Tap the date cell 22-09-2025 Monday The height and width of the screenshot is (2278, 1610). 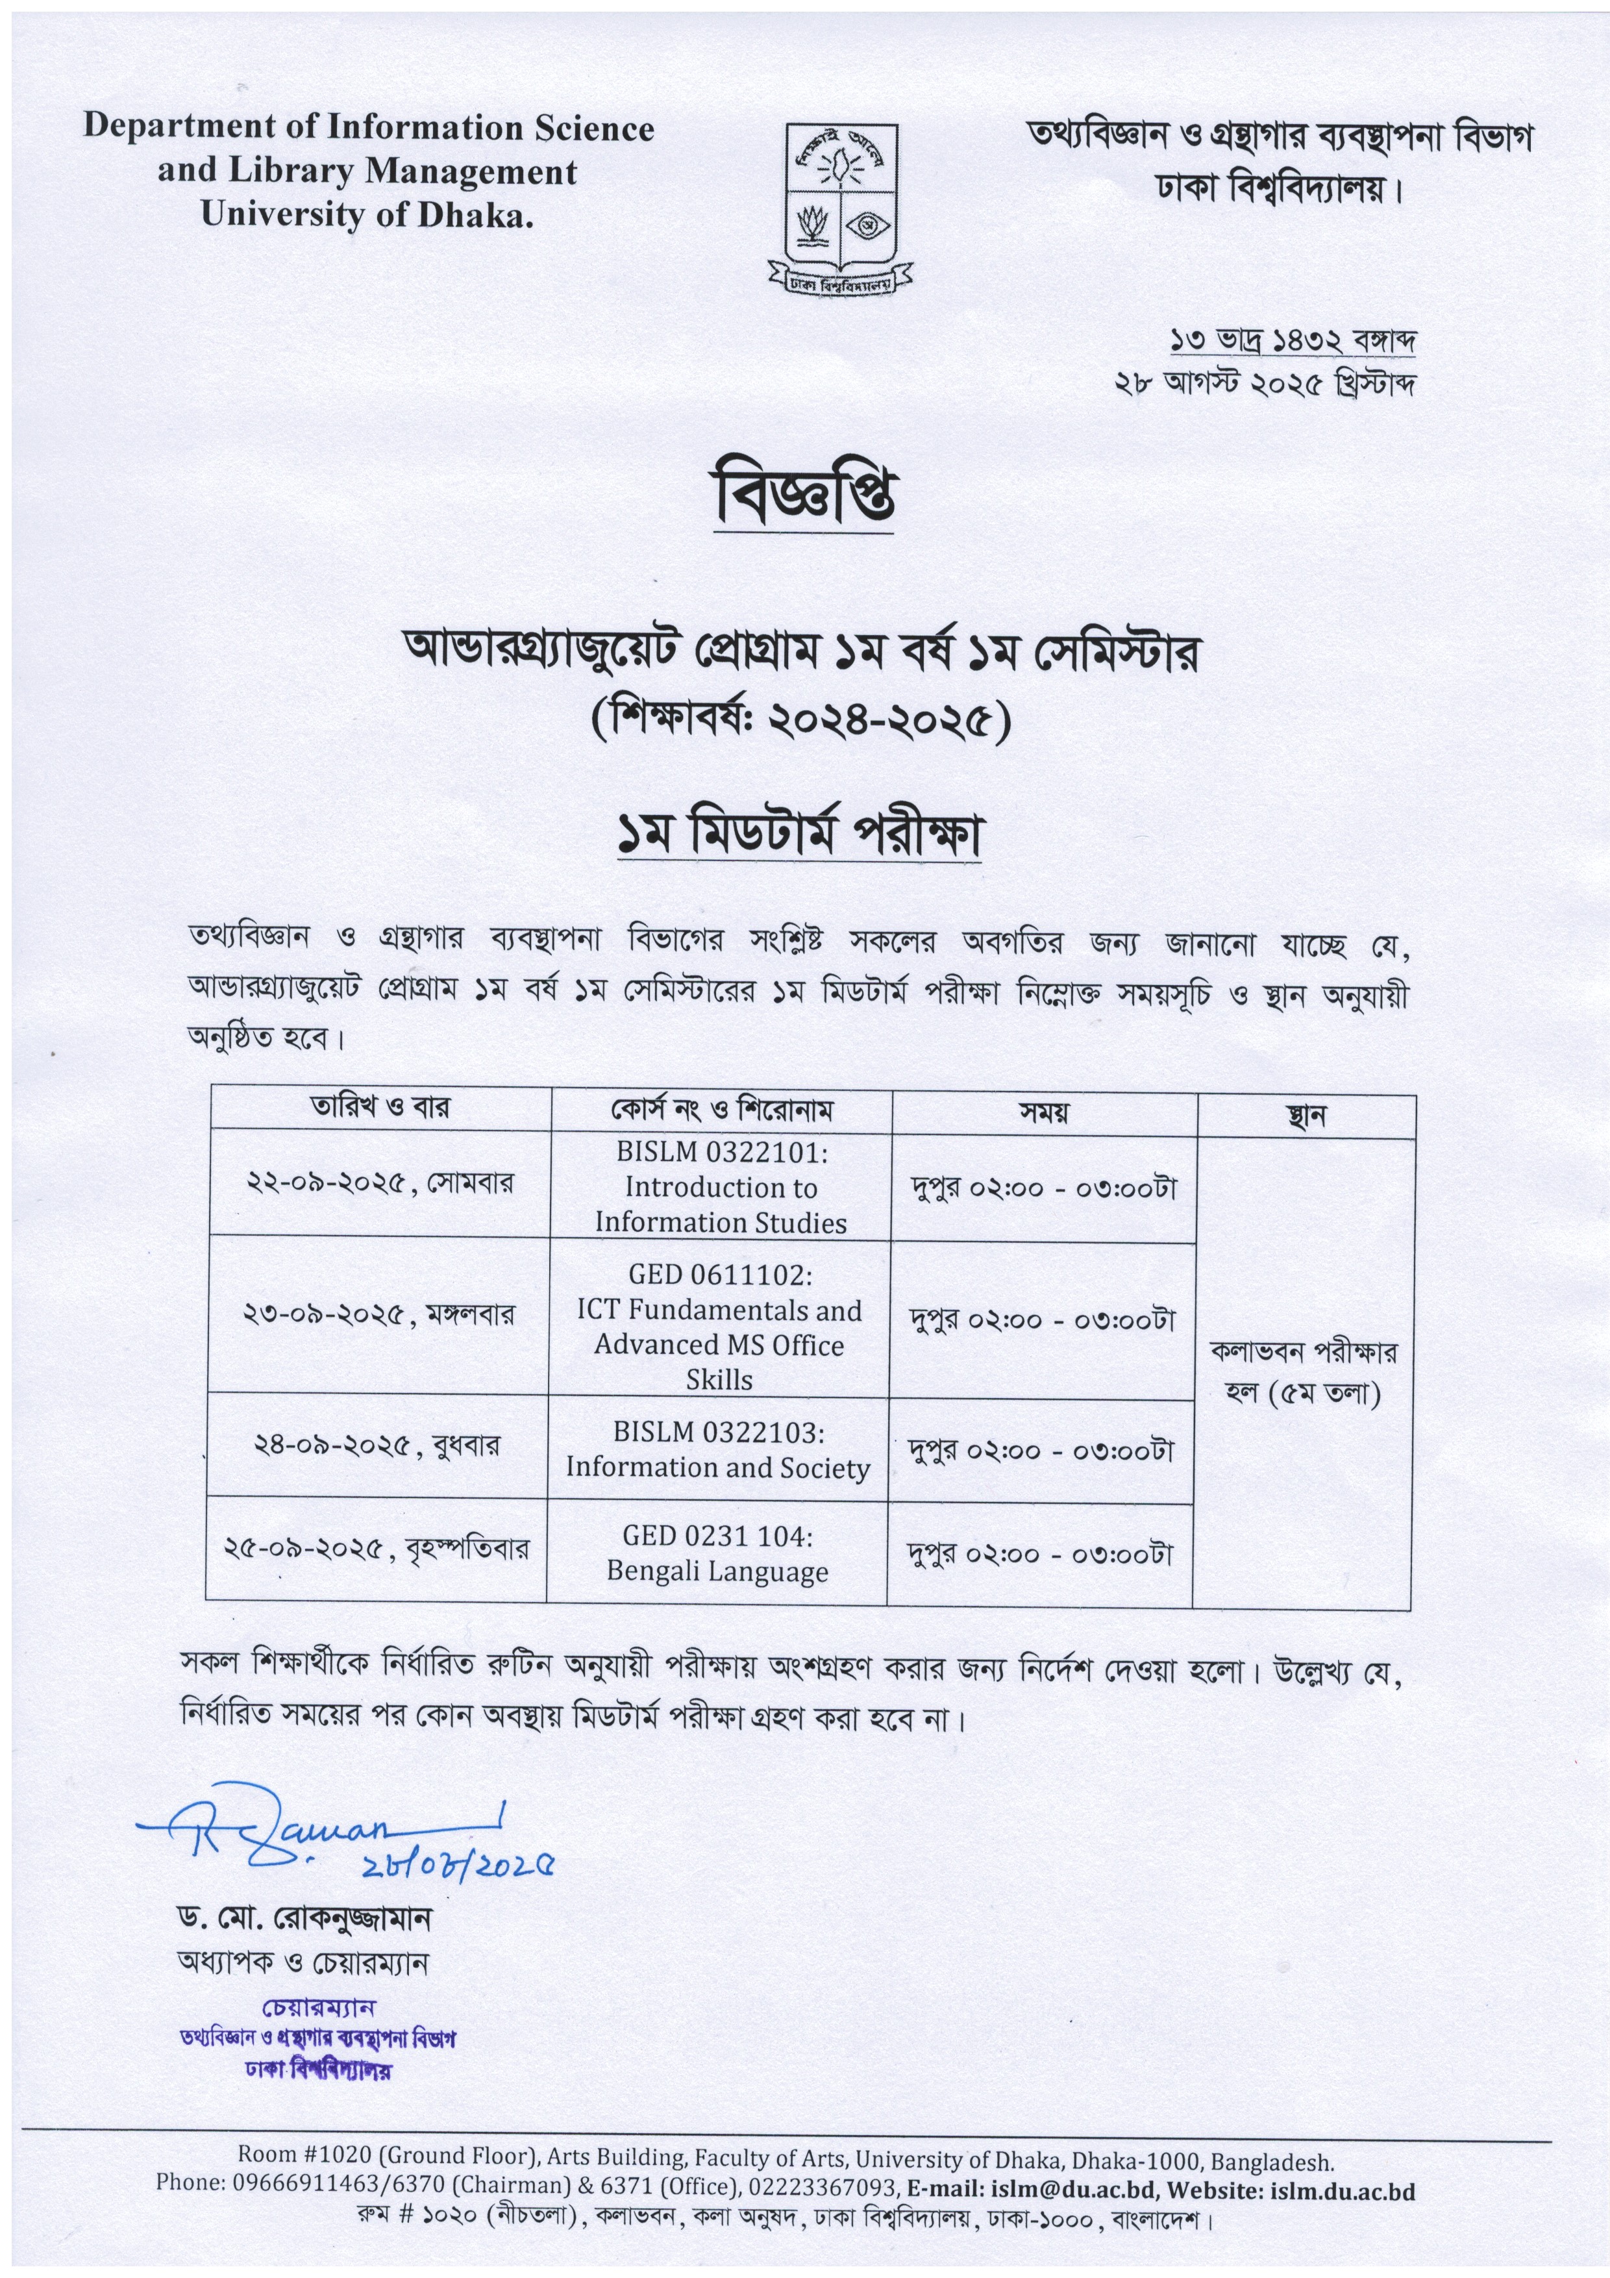(x=380, y=1184)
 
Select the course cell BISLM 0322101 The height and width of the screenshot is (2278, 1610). (x=721, y=1186)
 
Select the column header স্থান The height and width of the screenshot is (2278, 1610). (x=1306, y=1116)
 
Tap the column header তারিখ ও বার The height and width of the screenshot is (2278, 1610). (x=380, y=1107)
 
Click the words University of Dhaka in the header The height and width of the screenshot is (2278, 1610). (x=366, y=214)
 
